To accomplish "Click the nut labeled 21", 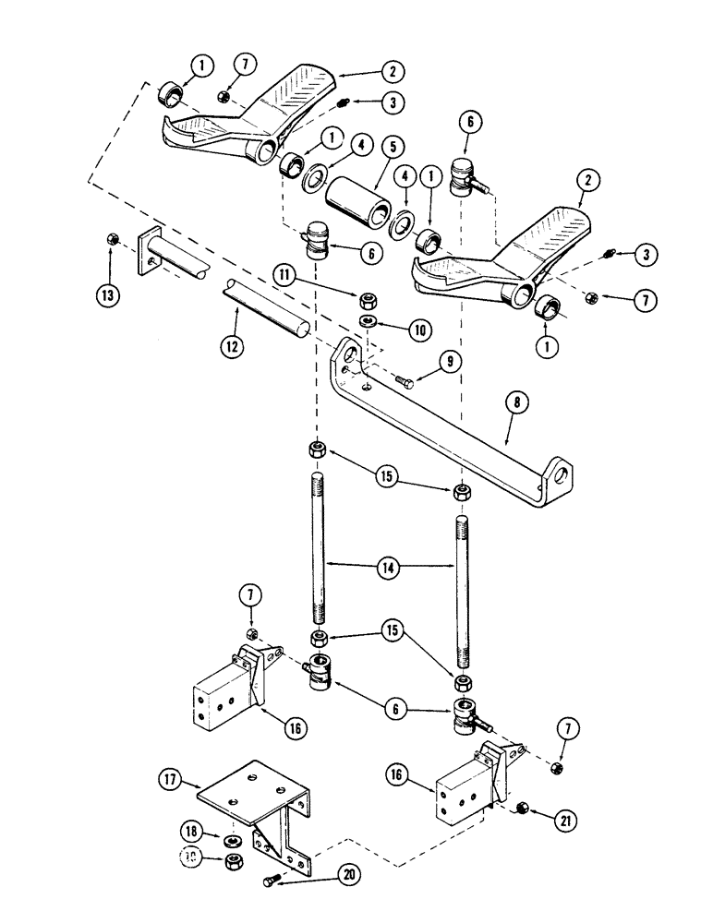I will [521, 809].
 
